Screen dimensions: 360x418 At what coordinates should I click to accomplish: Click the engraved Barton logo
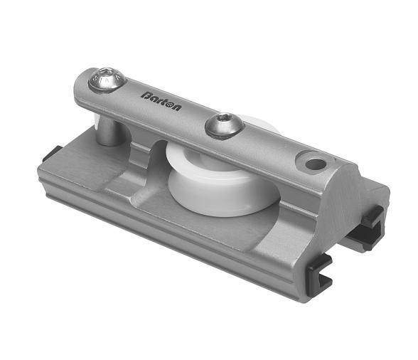161,100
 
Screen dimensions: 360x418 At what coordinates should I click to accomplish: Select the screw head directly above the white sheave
225,127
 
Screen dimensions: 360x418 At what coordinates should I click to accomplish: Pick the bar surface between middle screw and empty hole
270,146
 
